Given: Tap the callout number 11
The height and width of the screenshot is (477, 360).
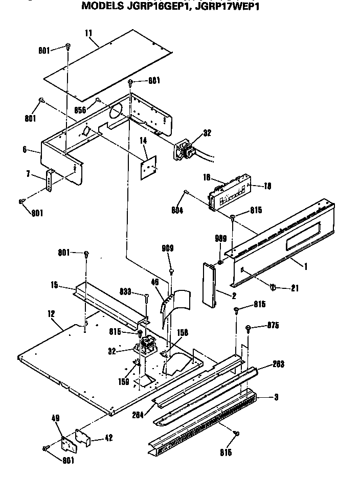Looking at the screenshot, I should [88, 33].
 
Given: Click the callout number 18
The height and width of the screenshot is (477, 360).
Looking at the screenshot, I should [267, 186].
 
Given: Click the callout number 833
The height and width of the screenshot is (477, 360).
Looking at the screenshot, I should [126, 291].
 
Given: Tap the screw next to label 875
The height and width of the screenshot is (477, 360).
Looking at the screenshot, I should [248, 328].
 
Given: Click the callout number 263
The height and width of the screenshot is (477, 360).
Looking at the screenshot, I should [279, 364].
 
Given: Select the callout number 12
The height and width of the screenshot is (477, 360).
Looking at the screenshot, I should [52, 312].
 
